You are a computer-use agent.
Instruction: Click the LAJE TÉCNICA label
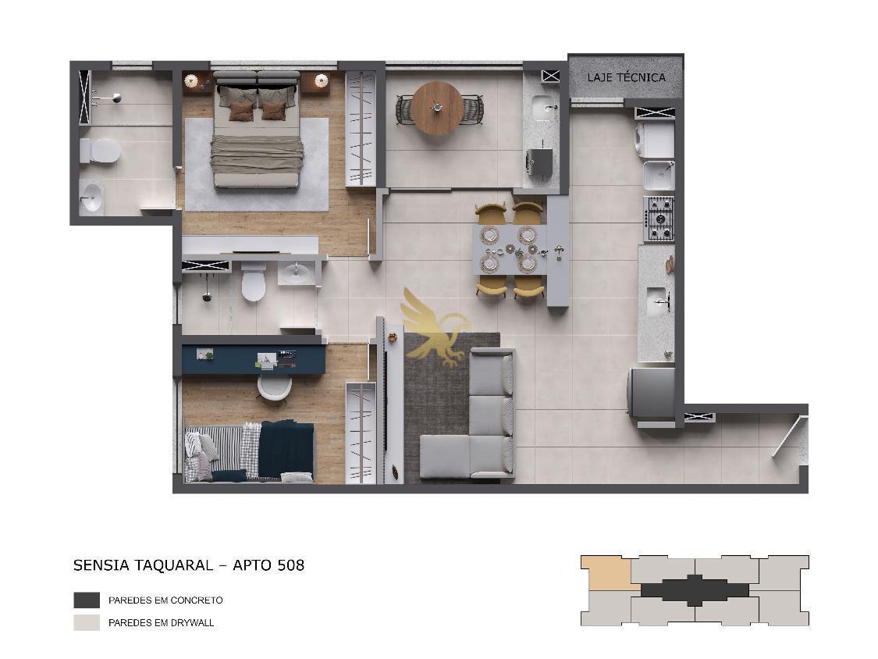[626, 77]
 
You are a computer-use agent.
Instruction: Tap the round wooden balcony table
[437, 109]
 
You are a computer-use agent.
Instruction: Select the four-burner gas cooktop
[659, 219]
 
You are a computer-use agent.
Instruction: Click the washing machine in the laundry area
[654, 140]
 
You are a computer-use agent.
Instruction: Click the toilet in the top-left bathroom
[100, 151]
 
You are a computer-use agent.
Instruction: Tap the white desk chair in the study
[275, 386]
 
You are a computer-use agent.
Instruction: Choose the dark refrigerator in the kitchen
[651, 394]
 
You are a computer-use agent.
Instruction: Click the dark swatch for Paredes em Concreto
[87, 600]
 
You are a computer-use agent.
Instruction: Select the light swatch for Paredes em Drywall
[87, 622]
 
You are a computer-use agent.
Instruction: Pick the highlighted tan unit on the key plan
[606, 572]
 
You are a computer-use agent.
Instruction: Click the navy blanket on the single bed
[286, 449]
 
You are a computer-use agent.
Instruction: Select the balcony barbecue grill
[540, 162]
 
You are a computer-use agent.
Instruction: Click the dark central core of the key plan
[695, 590]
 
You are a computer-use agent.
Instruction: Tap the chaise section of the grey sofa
[446, 457]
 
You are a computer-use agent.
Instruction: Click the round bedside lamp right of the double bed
[321, 80]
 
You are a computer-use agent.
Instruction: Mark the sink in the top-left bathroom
[91, 198]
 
